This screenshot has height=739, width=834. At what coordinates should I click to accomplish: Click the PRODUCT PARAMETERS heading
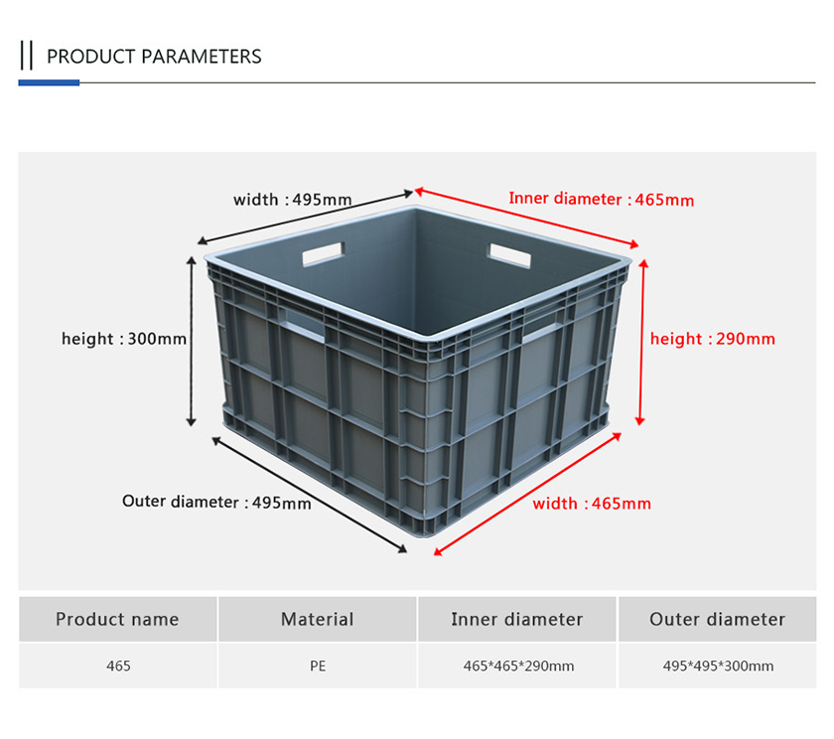tap(154, 57)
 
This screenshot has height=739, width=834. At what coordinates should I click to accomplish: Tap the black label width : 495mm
tap(293, 200)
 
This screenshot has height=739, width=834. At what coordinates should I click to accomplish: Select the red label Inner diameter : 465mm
tap(601, 199)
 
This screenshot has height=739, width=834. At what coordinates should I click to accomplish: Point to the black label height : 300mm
tap(124, 339)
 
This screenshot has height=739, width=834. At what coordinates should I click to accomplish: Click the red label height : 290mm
tap(713, 339)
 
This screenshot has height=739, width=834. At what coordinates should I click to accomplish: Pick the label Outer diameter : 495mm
tap(216, 502)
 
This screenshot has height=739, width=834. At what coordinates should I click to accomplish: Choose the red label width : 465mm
tap(592, 504)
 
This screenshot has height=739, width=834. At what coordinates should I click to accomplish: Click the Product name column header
tap(117, 619)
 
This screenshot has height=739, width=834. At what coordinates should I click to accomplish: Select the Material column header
tap(318, 619)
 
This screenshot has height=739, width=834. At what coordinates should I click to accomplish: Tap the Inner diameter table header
tap(517, 619)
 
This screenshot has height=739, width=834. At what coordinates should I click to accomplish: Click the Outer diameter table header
tap(718, 619)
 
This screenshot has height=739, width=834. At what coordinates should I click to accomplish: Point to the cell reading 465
tap(118, 666)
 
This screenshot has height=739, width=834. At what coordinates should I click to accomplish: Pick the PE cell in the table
tap(318, 666)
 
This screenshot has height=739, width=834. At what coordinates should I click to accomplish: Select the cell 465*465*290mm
tap(518, 666)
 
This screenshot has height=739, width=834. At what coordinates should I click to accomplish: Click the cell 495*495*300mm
tap(718, 666)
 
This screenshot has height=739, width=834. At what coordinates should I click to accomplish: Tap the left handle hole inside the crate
tap(324, 254)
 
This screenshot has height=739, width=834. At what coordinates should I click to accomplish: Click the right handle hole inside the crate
tap(510, 255)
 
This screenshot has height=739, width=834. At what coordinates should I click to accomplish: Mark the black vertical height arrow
tap(191, 341)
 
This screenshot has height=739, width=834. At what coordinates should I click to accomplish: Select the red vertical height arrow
tap(642, 343)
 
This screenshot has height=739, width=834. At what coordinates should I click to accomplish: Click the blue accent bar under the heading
tap(49, 82)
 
